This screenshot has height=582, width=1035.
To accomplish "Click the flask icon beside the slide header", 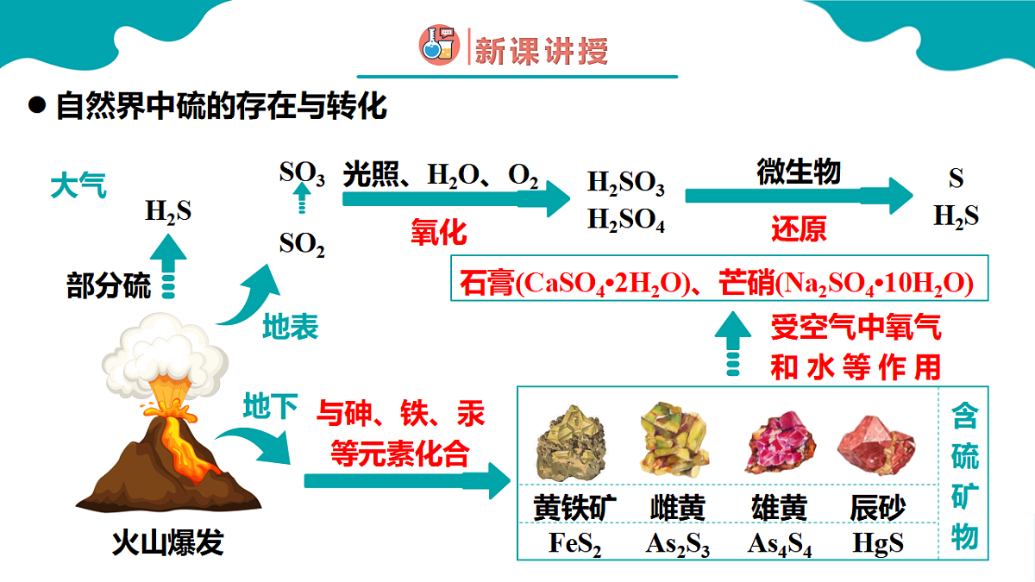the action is coord(439,45).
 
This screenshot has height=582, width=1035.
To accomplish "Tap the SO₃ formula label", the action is coord(302,173).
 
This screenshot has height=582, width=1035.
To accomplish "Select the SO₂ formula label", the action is coord(302,244).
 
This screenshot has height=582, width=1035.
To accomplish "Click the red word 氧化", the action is coord(439,232).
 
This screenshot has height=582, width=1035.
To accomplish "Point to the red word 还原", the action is coord(799,228).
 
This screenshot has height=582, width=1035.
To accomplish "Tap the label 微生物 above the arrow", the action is coord(799,172).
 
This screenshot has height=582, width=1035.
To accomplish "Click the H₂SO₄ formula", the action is coord(626,220).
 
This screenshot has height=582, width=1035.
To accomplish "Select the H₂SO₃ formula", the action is coord(626,183).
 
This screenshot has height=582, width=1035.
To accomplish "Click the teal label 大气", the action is coord(78,185).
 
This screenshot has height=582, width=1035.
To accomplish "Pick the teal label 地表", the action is coord(291,327).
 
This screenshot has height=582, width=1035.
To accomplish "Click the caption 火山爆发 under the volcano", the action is coord(168,542).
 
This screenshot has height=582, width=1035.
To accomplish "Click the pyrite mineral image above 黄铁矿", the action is coord(572,442).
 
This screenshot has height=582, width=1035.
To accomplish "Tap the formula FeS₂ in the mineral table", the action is coord(574,543).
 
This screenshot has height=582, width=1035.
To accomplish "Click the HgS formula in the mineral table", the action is coord(878,542).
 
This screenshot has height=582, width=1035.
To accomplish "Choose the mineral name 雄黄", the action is coord(780,508).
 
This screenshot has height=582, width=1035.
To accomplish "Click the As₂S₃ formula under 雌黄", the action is coord(677,544).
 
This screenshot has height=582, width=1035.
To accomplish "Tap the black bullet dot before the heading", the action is coord(37,105).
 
